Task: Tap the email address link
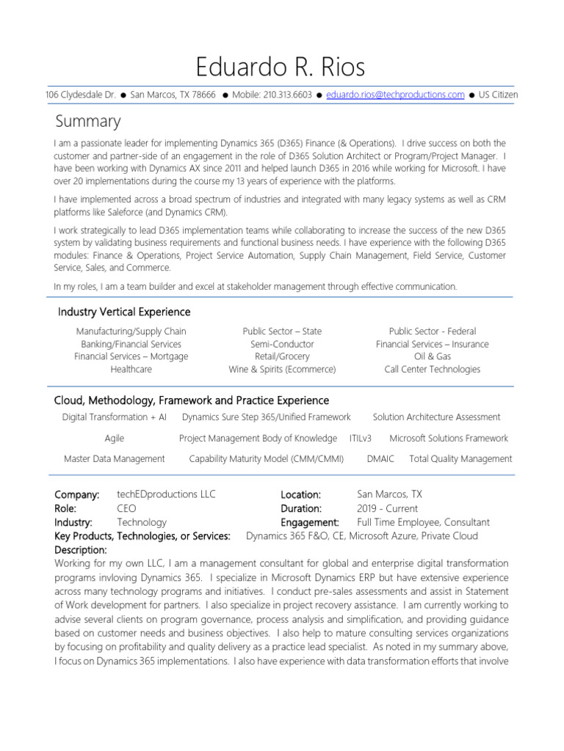click(x=395, y=95)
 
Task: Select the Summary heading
click(x=88, y=120)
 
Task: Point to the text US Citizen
click(x=498, y=95)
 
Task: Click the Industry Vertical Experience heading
click(x=124, y=312)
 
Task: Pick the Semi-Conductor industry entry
click(x=282, y=344)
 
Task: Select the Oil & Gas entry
click(x=432, y=356)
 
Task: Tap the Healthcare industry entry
click(x=131, y=369)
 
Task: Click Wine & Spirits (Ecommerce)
click(x=282, y=369)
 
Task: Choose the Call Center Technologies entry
click(x=432, y=369)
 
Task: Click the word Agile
click(x=114, y=438)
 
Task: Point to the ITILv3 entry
click(x=361, y=438)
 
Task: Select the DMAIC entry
click(x=380, y=458)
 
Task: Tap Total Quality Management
click(x=460, y=458)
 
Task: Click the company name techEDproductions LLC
click(x=166, y=495)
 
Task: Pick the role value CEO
click(x=126, y=508)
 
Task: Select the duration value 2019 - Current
click(x=387, y=508)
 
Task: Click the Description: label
click(x=81, y=549)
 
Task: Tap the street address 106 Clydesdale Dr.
click(x=79, y=95)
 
